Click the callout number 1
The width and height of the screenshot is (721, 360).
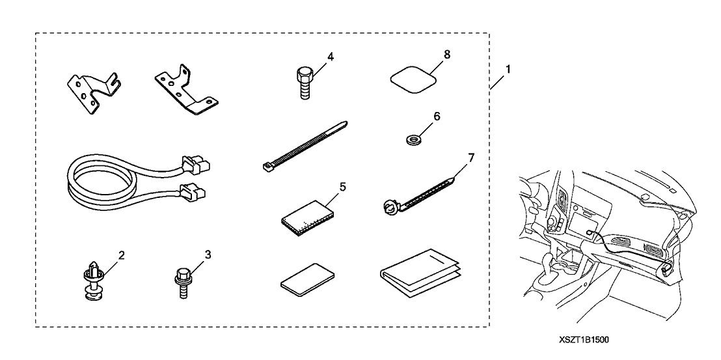point(508,70)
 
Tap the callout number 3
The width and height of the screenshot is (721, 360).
point(208,255)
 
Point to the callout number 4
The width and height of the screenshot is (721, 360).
point(331,57)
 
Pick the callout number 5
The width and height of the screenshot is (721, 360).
point(342,187)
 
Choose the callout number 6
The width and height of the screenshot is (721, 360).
point(436,116)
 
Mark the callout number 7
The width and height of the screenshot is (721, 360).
point(470,158)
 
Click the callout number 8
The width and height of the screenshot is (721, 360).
point(446,54)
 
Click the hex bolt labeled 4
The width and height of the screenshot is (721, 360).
point(305,82)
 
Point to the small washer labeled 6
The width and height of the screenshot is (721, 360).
point(411,138)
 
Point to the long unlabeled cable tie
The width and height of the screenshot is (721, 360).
point(305,146)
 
